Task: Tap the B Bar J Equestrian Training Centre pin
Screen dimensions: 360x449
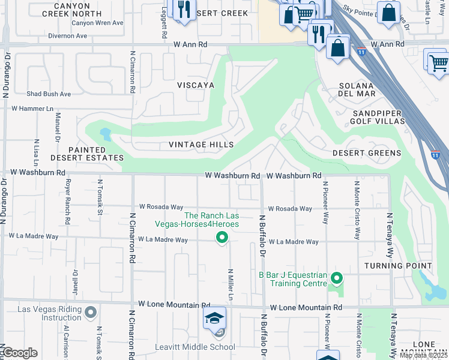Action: [x=337, y=278]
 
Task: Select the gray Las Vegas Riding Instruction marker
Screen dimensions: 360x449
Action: [x=91, y=312]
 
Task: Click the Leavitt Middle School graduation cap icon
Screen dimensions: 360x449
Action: [x=214, y=318]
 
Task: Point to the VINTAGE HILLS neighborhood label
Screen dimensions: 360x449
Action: [x=201, y=145]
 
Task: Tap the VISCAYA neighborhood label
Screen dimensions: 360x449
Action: [x=196, y=85]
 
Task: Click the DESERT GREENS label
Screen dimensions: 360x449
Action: [x=367, y=153]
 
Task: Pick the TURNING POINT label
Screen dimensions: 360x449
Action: [x=398, y=266]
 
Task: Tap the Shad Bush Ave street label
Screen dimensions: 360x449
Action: [x=49, y=94]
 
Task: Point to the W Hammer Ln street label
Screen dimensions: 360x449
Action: [x=32, y=109]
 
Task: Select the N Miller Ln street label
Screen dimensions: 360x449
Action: [x=230, y=284]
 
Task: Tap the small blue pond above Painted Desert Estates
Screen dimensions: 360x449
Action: [x=106, y=133]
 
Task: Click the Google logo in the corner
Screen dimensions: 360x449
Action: [x=19, y=353]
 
